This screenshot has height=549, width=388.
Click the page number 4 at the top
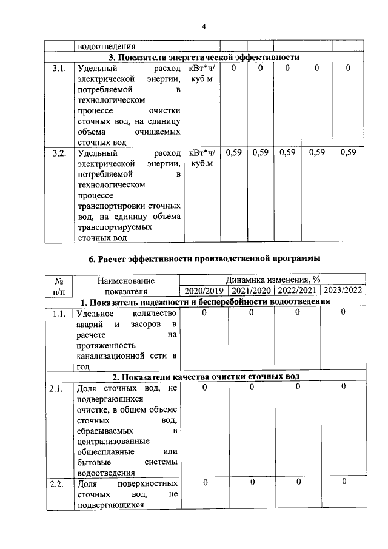pos(204,26)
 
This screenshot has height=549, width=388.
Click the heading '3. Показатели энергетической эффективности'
pos(204,57)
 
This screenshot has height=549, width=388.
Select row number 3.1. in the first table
pos(59,69)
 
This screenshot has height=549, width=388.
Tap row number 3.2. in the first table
pos(59,153)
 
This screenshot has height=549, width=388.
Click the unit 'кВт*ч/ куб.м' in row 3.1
pos(202,74)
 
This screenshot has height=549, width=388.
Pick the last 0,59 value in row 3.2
pos(348,153)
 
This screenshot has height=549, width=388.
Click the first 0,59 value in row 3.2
pos(233,153)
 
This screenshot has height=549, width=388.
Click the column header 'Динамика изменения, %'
pos(273,280)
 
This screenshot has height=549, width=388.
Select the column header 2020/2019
pos(202,290)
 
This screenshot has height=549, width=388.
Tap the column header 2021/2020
pos(250,290)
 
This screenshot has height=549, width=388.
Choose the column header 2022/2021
pos(297,290)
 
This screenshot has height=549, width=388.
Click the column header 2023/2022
pos(343,290)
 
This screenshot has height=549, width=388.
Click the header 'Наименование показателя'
pos(125,285)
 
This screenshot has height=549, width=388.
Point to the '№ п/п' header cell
pos(59,285)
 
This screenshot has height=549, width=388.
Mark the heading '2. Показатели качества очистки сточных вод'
pos(204,377)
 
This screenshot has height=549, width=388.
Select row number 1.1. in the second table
pos(59,313)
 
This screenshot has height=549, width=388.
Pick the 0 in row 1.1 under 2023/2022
pos(343,312)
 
